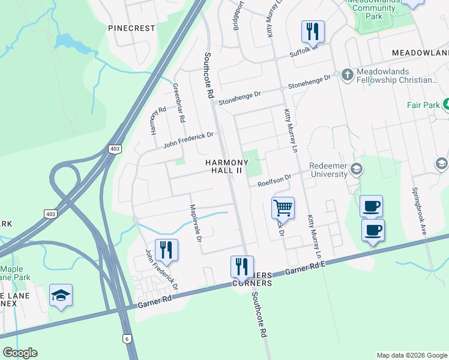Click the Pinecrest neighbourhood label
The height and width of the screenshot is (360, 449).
pyautogui.click(x=131, y=28)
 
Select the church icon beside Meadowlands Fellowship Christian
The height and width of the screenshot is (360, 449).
pyautogui.click(x=346, y=74)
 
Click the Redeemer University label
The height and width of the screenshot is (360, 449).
pyautogui.click(x=328, y=170)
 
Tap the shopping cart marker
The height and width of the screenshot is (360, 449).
pyautogui.click(x=283, y=208)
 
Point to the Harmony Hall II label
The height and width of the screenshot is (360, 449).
pyautogui.click(x=226, y=166)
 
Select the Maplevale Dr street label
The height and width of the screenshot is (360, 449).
pyautogui.click(x=193, y=223)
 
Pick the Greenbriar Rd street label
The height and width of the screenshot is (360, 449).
pyautogui.click(x=178, y=103)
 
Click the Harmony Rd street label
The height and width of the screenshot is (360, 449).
pyautogui.click(x=158, y=121)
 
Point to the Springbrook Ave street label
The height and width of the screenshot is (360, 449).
pyautogui.click(x=418, y=210)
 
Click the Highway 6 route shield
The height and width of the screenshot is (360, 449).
pyautogui.click(x=127, y=339)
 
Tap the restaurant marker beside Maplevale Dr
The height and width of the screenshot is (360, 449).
pyautogui.click(x=166, y=250)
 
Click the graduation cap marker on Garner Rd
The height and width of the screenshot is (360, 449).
pyautogui.click(x=61, y=295)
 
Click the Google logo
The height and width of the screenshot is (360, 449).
pyautogui.click(x=20, y=353)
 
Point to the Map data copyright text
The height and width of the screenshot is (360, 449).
pyautogui.click(x=412, y=355)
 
